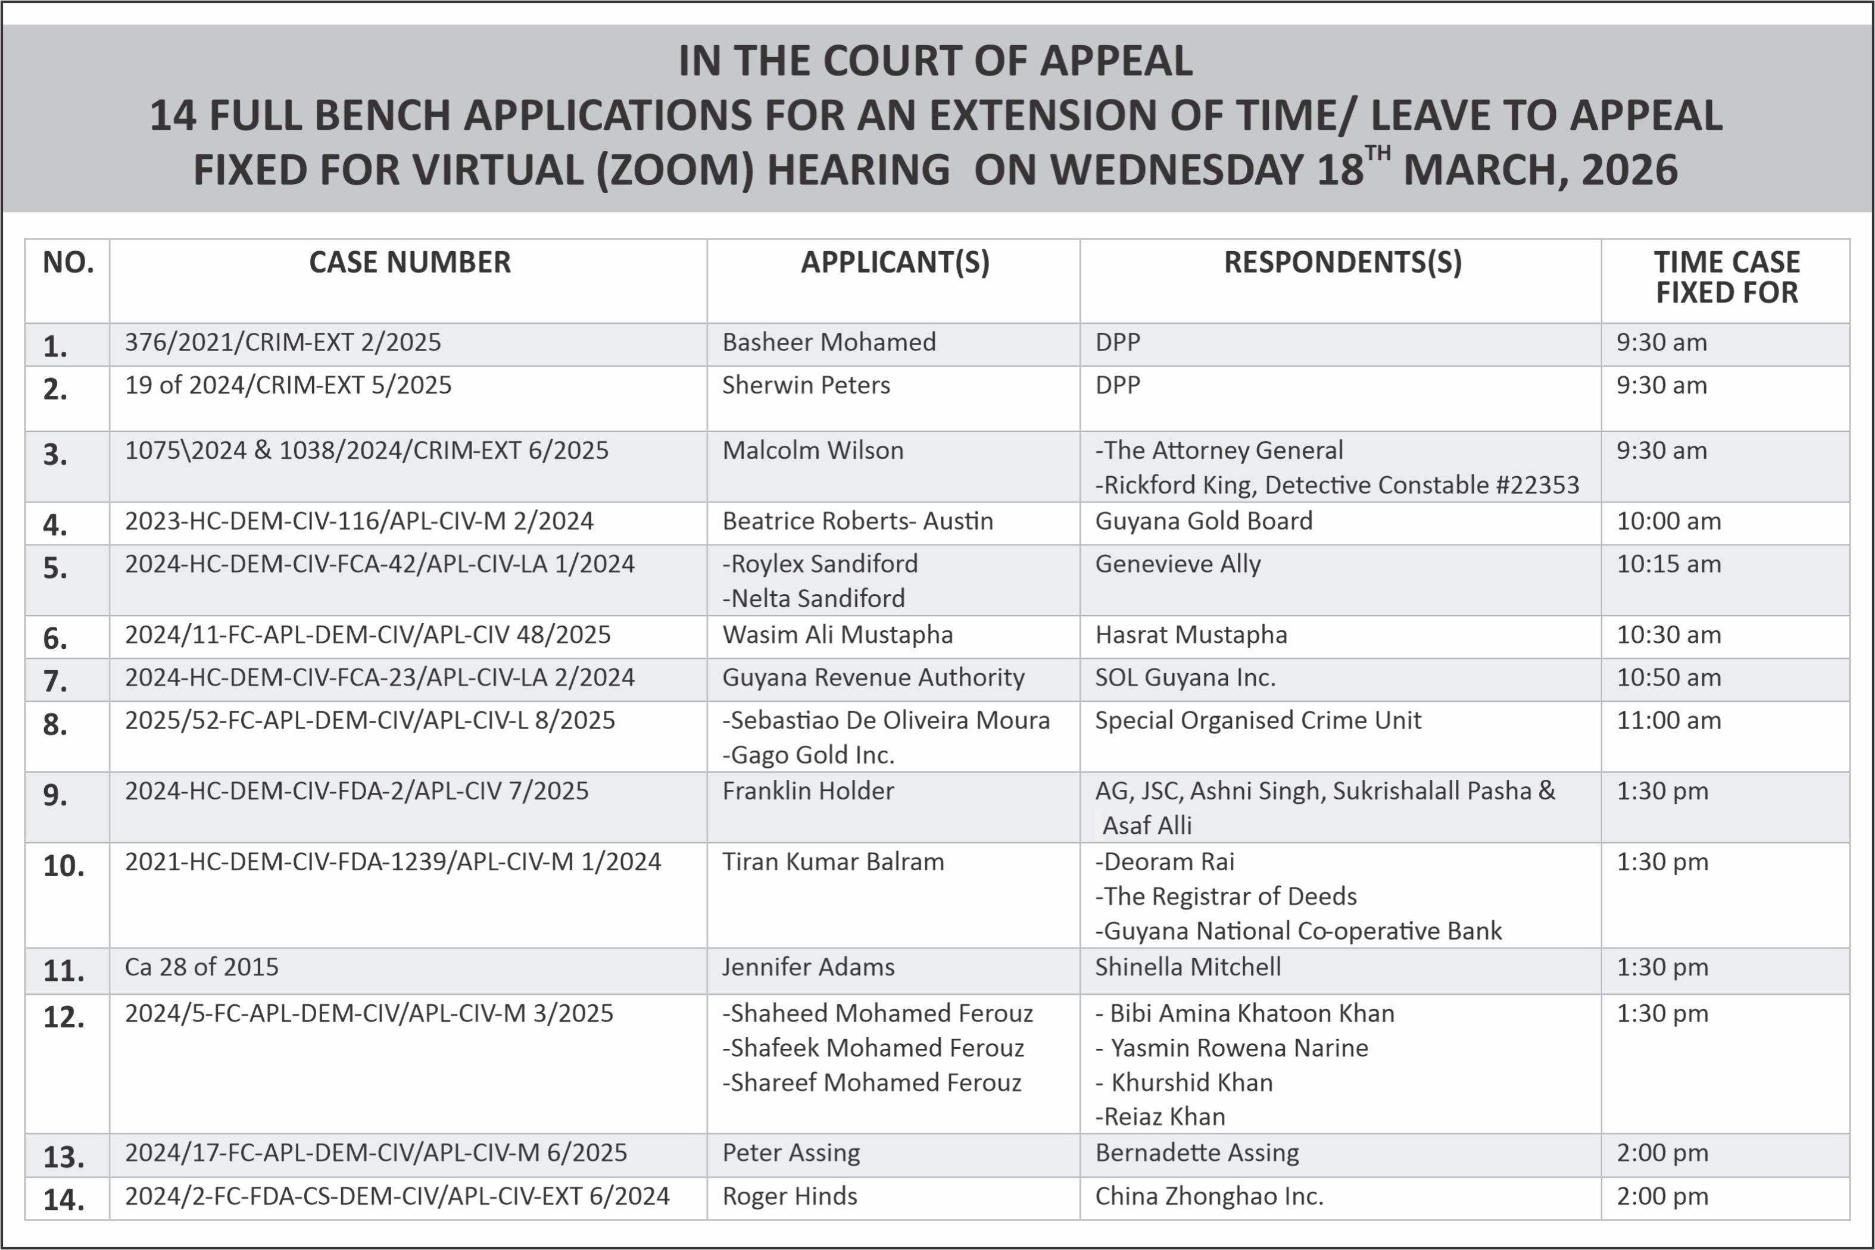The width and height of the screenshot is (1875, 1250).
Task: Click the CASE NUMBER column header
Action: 409,262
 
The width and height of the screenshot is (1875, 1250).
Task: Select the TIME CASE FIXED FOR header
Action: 1726,277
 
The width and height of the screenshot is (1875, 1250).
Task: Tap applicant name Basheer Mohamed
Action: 828,342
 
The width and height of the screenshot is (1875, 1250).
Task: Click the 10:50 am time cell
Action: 1668,677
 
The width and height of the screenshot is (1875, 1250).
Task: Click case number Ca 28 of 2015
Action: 202,967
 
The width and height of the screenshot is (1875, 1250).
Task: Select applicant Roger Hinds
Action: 789,1196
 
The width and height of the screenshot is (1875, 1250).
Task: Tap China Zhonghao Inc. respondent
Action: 1209,1196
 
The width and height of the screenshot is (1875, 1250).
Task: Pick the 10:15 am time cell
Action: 1668,564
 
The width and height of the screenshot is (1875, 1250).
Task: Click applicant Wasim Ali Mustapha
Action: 837,635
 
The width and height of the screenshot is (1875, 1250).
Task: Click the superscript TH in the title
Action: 1378,153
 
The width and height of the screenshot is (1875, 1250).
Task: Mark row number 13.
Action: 64,1157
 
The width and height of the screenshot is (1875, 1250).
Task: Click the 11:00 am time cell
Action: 1668,721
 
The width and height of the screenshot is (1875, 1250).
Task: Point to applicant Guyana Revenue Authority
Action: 873,677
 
